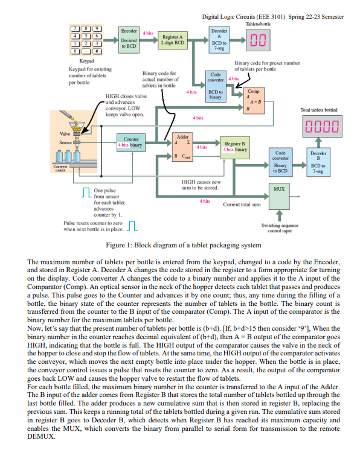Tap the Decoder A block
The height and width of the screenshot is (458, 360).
[219, 39]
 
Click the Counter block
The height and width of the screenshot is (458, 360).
[130, 142]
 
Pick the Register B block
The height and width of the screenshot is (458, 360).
[234, 145]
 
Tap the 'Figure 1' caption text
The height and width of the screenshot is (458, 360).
[183, 245]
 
